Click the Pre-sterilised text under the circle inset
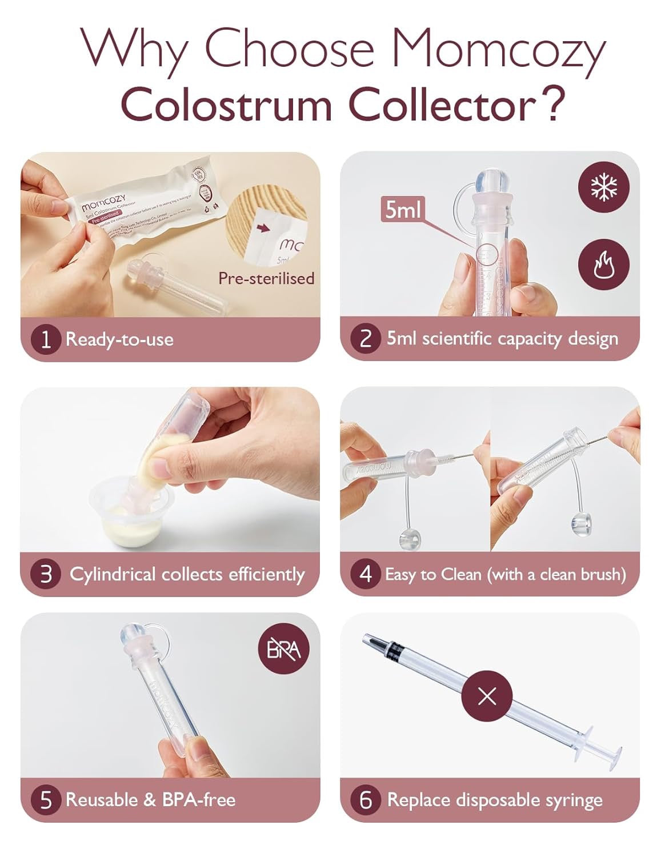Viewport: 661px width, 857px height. click(266, 278)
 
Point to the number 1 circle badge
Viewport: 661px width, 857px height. click(46, 339)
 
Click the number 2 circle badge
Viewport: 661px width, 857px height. click(366, 338)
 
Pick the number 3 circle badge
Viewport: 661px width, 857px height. click(46, 574)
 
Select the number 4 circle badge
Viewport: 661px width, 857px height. click(366, 574)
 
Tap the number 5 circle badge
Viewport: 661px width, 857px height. click(46, 800)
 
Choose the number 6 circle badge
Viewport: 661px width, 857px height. click(366, 800)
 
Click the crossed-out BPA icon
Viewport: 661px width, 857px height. click(284, 650)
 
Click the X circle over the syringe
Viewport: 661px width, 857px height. click(487, 696)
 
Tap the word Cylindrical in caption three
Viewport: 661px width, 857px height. click(113, 574)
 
